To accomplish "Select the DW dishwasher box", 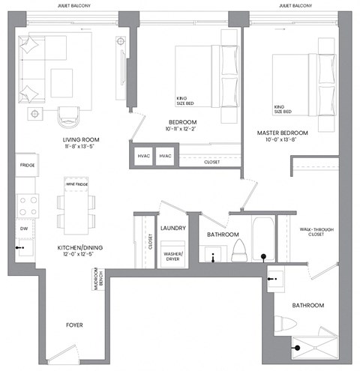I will click(x=24, y=228).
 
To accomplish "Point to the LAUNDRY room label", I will click(x=172, y=229).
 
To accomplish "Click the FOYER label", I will click(x=73, y=325).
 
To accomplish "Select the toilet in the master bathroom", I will click(x=286, y=325).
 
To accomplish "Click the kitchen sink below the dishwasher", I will click(x=23, y=247).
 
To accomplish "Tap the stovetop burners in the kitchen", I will click(x=27, y=205).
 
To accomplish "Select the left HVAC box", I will click(x=143, y=156).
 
